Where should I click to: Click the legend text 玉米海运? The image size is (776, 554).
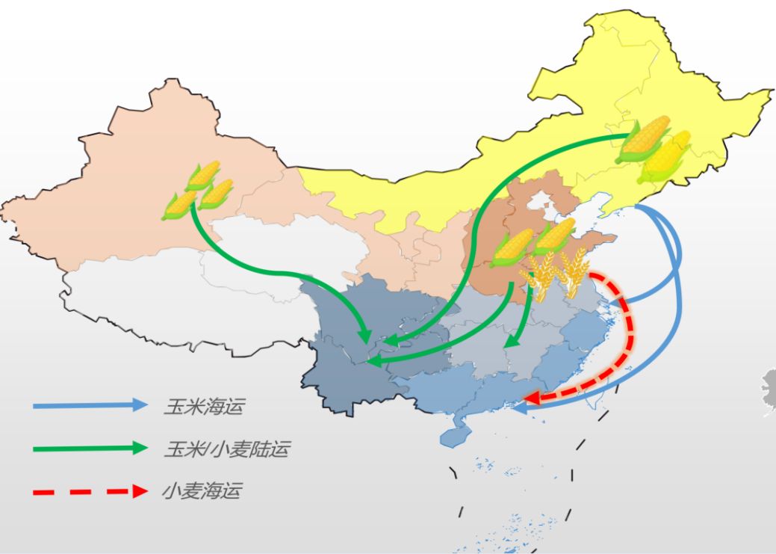tap(203, 407)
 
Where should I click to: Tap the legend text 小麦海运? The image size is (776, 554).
tap(202, 491)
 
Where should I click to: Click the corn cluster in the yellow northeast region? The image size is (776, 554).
tap(654, 150)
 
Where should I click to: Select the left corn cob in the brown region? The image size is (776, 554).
tap(511, 247)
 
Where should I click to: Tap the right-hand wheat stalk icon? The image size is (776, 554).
tap(574, 272)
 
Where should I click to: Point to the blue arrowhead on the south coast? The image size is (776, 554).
tap(519, 409)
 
